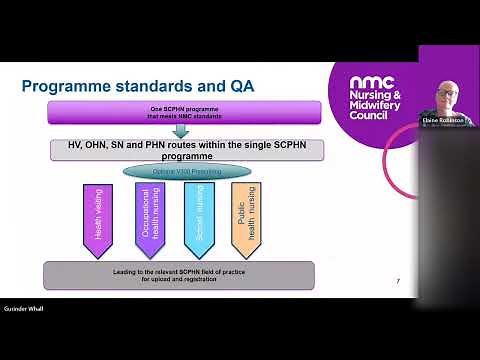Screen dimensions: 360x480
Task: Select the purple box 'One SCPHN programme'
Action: pyautogui.click(x=184, y=111)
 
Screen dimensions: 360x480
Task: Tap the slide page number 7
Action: pyautogui.click(x=398, y=281)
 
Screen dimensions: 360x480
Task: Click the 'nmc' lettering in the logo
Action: pyautogui.click(x=372, y=81)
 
